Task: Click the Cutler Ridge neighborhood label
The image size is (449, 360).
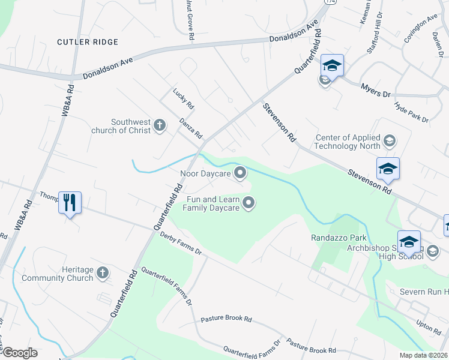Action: [88, 42]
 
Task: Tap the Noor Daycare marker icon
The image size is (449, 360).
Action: [241, 173]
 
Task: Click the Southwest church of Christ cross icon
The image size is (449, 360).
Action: [159, 125]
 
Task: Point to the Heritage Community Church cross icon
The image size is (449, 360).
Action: [103, 274]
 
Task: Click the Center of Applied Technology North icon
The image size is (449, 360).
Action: [389, 142]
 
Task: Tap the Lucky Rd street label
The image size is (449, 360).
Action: [184, 98]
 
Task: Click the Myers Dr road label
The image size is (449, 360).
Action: [376, 91]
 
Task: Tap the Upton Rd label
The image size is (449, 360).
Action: [429, 327]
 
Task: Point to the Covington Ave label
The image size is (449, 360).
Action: [420, 28]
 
